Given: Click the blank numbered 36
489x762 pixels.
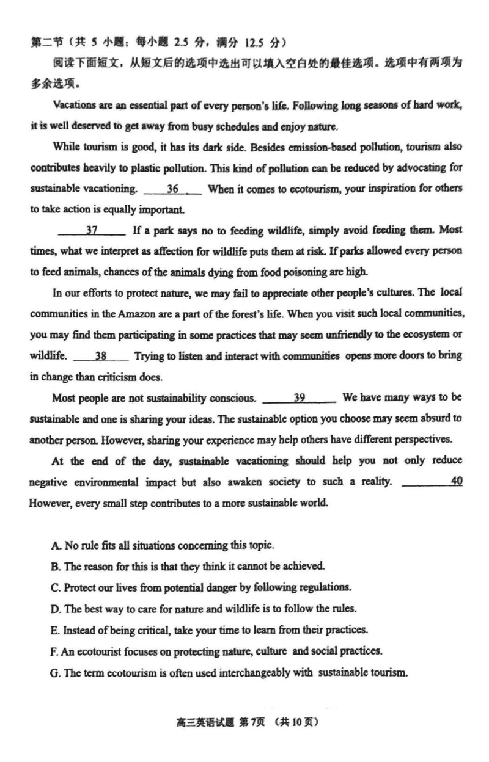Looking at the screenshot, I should click(173, 189).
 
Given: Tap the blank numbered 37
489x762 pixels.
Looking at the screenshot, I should click(92, 231).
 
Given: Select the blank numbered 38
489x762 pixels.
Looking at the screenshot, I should click(101, 356).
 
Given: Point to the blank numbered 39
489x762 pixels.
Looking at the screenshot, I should click(299, 398).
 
